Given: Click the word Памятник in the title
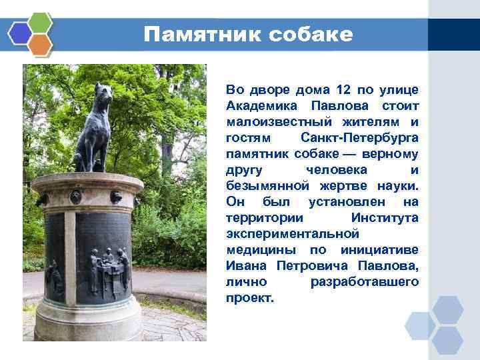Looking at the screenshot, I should click(203, 35).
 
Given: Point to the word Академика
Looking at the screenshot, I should click(261, 105).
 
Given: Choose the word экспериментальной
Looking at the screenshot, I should click(293, 234).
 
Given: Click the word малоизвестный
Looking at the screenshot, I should click(276, 121).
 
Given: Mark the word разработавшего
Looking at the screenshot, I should click(365, 282).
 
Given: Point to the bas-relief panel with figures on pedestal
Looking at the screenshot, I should click(107, 263).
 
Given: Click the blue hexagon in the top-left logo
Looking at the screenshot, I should click(19, 32).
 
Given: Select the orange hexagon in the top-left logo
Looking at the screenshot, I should click(41, 44).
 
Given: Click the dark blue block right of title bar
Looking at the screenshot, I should click(453, 35).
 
